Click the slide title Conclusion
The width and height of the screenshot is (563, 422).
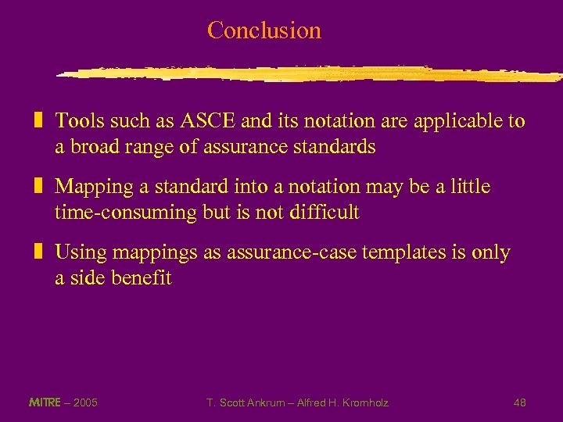pos(264,30)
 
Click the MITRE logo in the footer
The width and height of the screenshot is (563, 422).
pos(45,402)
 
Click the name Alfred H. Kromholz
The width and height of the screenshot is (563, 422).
pos(342,402)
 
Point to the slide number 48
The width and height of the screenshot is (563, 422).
pos(519,402)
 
